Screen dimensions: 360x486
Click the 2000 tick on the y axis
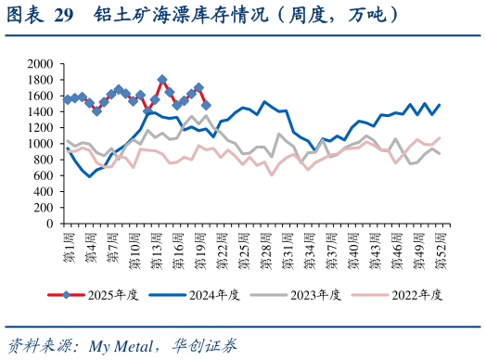39,64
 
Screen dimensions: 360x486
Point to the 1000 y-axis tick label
39,144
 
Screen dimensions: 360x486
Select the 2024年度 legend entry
214,295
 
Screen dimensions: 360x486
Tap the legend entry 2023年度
315,295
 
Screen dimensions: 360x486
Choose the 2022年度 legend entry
416,295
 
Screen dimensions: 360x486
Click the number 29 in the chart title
63,15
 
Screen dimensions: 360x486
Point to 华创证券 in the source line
204,347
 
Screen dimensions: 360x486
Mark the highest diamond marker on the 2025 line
162,80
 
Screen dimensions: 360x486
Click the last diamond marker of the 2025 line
206,105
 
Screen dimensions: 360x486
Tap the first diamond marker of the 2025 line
67,99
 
